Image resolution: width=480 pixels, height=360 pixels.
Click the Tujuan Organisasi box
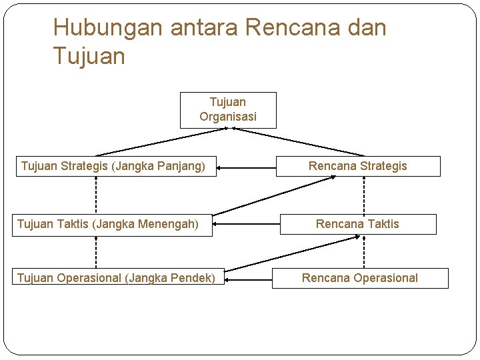click(x=228, y=110)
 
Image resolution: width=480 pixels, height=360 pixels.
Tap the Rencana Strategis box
click(x=358, y=166)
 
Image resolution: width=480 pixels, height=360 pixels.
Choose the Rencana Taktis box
click(x=358, y=224)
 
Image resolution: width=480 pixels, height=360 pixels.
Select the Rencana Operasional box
click(x=360, y=278)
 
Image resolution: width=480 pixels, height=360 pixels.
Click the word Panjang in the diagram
click(x=180, y=166)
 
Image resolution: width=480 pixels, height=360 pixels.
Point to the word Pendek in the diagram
click(x=193, y=278)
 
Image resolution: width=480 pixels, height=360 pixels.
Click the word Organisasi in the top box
click(x=228, y=117)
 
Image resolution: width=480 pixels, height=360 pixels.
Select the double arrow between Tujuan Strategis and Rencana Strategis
click(x=247, y=167)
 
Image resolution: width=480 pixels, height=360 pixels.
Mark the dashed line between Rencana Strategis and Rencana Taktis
click(x=364, y=195)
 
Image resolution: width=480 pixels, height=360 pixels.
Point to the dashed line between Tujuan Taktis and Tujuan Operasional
click(x=96, y=252)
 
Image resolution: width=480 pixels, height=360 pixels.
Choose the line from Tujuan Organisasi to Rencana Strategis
click(x=300, y=141)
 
